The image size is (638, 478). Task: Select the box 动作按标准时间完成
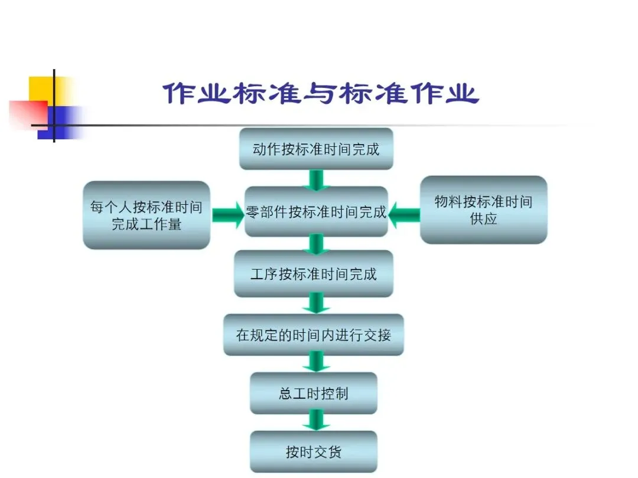click(x=316, y=149)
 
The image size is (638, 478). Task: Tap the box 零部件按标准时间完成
click(x=316, y=212)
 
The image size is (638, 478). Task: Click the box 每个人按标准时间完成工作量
click(x=146, y=215)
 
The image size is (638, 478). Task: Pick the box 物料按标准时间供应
click(x=483, y=209)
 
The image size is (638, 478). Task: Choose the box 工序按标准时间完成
click(x=313, y=274)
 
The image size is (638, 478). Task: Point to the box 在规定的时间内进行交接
click(x=313, y=335)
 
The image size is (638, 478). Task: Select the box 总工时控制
click(x=313, y=393)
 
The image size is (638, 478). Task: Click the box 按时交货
click(x=313, y=452)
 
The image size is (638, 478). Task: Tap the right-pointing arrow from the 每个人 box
click(x=227, y=214)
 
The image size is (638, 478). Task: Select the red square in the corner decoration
click(x=27, y=112)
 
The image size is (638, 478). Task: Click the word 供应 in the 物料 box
click(x=483, y=220)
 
